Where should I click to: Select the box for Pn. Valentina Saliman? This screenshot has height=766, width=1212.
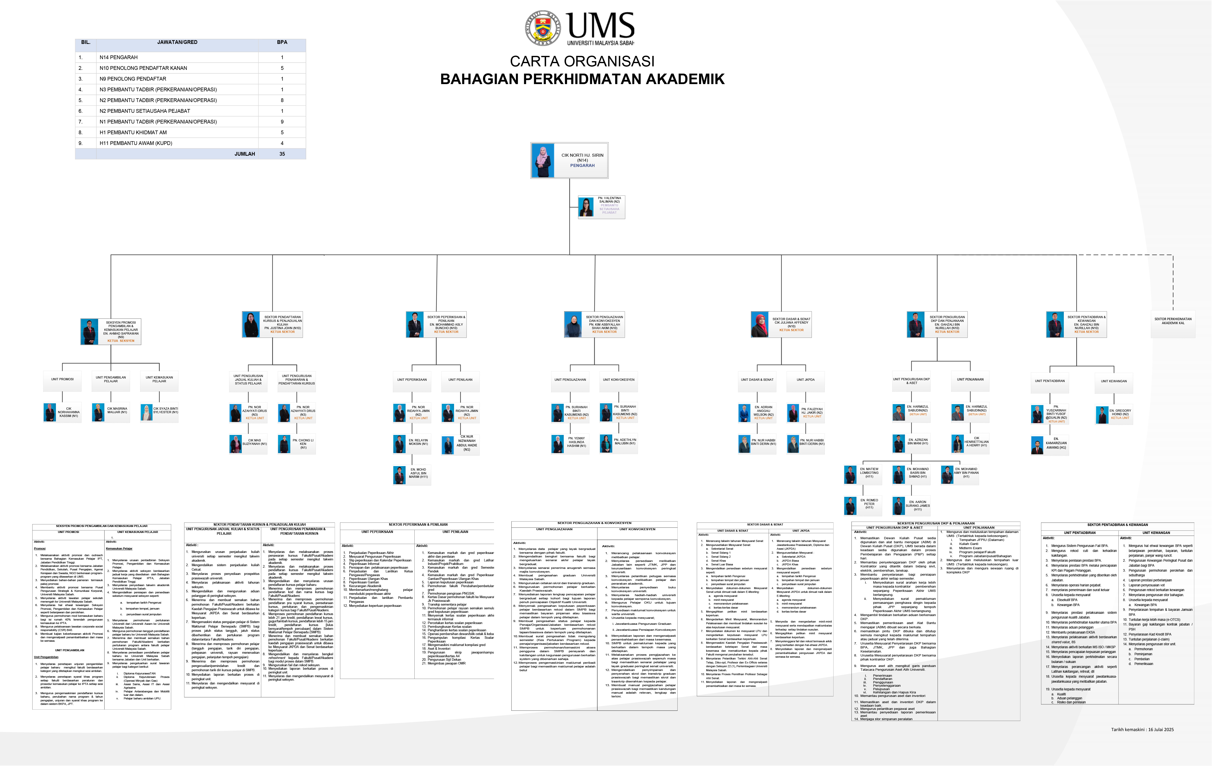point(602,207)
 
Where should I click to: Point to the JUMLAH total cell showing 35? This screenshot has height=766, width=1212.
point(282,154)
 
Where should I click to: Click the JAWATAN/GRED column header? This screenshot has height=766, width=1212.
point(177,42)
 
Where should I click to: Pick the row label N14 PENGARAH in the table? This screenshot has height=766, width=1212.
point(119,57)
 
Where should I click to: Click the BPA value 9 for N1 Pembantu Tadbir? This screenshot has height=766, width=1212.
point(282,122)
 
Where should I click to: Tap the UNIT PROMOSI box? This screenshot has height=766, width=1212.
point(62,380)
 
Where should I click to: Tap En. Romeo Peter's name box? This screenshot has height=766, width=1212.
point(869,504)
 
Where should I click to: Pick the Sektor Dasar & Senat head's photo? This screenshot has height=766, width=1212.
point(759,325)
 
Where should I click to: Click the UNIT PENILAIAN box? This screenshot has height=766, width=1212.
point(460,380)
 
